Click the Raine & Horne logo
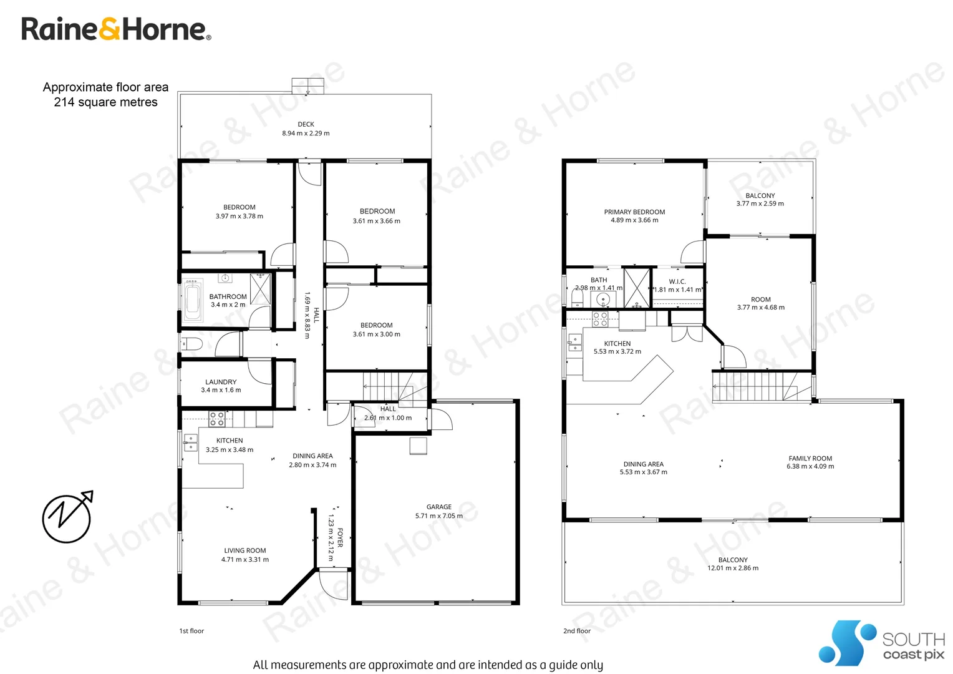(116, 29)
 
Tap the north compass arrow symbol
(67, 517)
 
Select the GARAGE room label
(439, 507)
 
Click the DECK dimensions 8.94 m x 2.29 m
(306, 134)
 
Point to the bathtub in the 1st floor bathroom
(193, 300)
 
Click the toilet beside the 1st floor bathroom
(191, 343)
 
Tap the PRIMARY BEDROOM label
(634, 212)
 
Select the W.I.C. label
(677, 281)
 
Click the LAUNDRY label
(221, 382)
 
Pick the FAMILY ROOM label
(810, 458)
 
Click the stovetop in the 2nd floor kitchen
(600, 319)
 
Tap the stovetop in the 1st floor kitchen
(216, 419)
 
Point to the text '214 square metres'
(105, 102)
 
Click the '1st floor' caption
(191, 631)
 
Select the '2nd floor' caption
(577, 631)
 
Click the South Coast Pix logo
(881, 643)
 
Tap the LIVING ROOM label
(245, 550)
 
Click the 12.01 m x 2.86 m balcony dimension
(733, 569)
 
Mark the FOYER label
(340, 537)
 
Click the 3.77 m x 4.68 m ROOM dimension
(760, 308)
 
